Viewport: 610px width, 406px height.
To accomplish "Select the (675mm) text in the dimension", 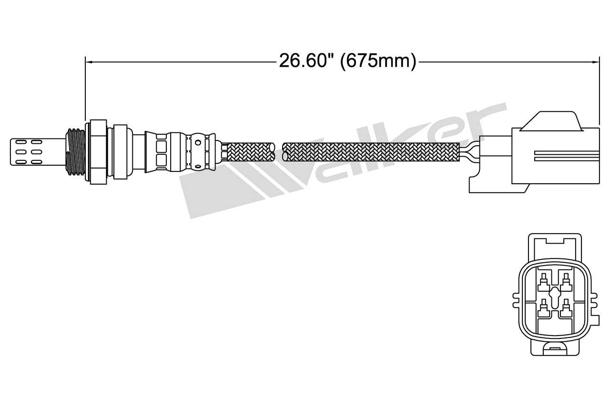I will pos(378,61).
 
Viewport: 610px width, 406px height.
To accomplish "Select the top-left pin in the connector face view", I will pos(543,283).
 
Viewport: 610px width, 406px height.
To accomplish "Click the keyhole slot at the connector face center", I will pos(554,297).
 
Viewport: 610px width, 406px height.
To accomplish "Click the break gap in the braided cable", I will pos(279,151).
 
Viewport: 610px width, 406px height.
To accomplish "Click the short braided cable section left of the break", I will pos(250,151).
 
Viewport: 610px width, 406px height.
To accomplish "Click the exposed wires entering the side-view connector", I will pos(469,151).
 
